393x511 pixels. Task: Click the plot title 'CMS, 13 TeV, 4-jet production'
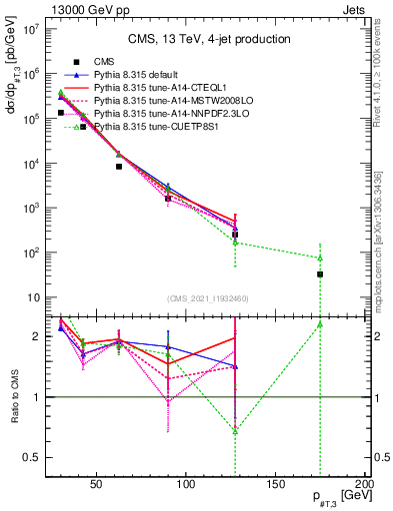pos(207,39)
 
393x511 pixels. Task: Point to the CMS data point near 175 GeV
pos(320,273)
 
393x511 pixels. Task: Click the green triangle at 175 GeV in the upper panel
pos(320,257)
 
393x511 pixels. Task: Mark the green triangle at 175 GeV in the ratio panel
pos(320,324)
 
